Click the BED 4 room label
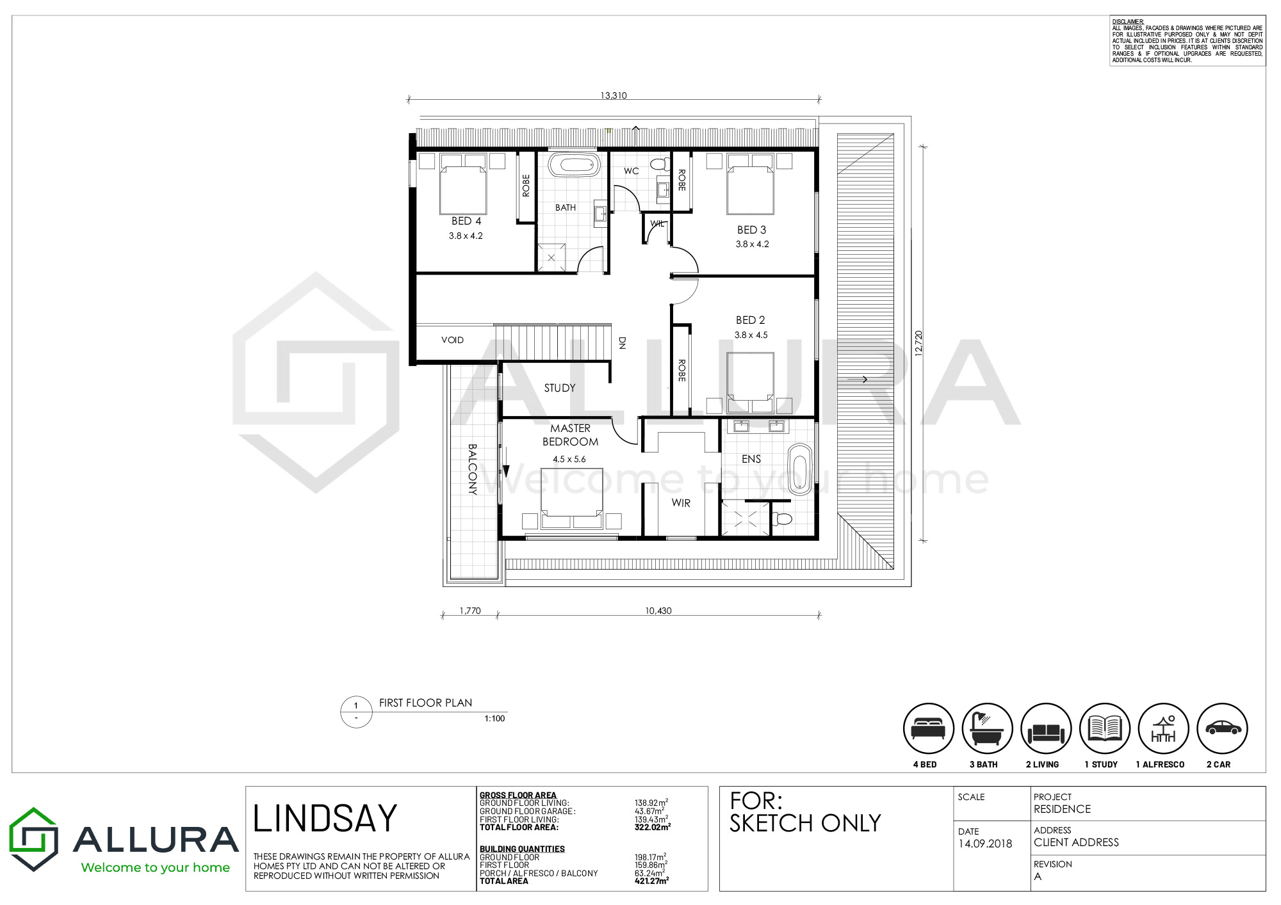click(466, 221)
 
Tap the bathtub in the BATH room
click(573, 164)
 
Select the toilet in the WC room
click(659, 164)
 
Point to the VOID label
click(452, 340)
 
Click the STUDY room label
click(560, 388)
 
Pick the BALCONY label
click(472, 470)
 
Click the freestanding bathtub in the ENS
click(799, 469)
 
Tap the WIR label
click(681, 503)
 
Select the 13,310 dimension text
click(614, 95)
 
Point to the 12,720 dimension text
click(918, 344)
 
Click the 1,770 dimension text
click(470, 611)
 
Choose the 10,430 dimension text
click(658, 611)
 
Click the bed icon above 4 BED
click(929, 728)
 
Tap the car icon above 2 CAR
click(1223, 728)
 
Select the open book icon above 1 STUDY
click(1105, 728)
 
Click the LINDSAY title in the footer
click(325, 819)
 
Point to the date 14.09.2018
click(985, 844)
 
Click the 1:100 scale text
click(494, 719)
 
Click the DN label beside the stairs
click(621, 342)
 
